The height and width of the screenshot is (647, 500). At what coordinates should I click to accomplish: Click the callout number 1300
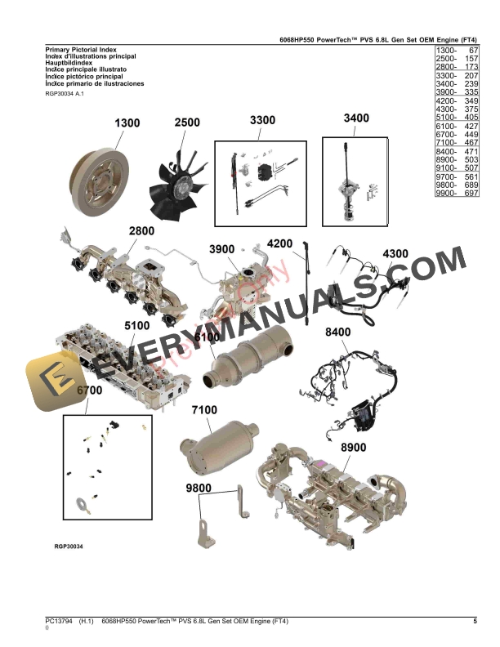[x=127, y=123]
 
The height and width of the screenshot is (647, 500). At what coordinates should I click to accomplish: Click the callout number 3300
[x=262, y=120]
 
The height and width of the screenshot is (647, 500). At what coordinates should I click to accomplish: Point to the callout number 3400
[x=356, y=118]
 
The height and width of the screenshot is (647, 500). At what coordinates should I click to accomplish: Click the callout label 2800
[x=141, y=231]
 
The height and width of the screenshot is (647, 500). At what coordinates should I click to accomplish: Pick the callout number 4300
[x=395, y=253]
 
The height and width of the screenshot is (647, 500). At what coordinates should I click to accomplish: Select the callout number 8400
[x=338, y=332]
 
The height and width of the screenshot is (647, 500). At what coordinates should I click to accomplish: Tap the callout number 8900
[x=354, y=447]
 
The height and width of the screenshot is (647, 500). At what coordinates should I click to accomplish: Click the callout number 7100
[x=204, y=409]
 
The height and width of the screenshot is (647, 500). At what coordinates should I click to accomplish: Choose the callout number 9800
[x=199, y=489]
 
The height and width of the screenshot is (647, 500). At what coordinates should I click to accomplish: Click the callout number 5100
[x=137, y=325]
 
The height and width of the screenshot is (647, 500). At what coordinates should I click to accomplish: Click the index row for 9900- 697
[x=457, y=193]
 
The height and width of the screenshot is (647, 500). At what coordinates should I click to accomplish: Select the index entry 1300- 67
[x=457, y=51]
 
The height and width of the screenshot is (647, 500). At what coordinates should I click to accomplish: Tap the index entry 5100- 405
[x=457, y=118]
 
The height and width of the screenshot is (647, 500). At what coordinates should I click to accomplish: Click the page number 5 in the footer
[x=475, y=622]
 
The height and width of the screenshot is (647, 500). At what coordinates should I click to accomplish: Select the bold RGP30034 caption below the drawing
[x=69, y=546]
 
